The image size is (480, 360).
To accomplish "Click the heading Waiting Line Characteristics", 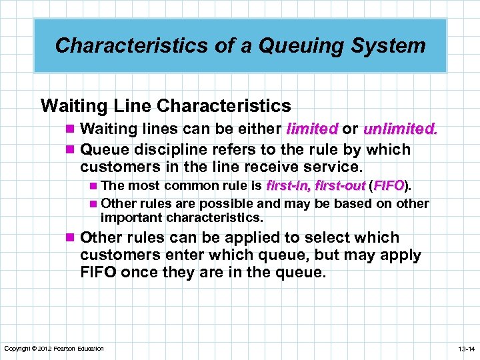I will [x=166, y=106].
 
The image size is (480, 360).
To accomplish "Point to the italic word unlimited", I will [x=401, y=128].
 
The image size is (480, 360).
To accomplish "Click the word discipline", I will [x=177, y=149].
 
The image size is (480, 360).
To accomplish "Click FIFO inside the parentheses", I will [x=390, y=185].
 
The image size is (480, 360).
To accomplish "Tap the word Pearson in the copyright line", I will [x=65, y=349].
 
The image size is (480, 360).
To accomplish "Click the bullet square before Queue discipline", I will [x=71, y=150].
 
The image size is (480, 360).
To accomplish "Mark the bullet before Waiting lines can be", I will [x=71, y=129].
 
